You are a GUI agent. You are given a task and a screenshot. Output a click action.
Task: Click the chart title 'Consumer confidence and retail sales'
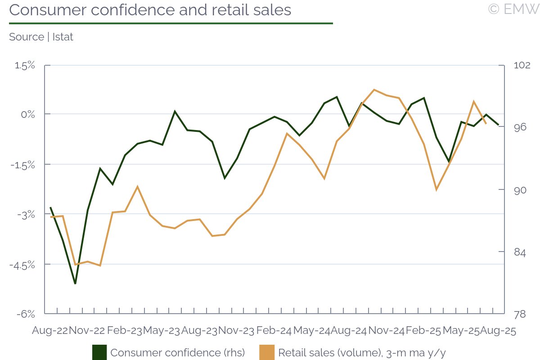tap(150, 10)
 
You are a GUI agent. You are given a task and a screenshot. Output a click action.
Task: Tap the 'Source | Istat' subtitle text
tap(41, 37)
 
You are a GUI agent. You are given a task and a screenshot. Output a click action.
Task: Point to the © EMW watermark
tap(513, 9)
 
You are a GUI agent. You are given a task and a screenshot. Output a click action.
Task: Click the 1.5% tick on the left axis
tap(25, 65)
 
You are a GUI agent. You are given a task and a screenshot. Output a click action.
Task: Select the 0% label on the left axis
tap(28, 114)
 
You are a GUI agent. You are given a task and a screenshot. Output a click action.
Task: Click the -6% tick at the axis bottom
tap(27, 314)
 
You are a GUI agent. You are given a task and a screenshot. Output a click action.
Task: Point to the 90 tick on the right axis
tap(520, 190)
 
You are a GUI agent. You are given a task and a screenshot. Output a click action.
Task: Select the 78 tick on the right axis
tap(520, 314)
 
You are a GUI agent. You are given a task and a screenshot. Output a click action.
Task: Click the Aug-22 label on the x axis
tap(49, 331)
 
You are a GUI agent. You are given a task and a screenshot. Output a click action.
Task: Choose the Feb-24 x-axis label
tap(274, 331)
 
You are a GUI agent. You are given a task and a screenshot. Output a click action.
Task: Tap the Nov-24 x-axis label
tap(386, 331)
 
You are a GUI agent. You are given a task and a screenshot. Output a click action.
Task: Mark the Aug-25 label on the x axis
tap(498, 331)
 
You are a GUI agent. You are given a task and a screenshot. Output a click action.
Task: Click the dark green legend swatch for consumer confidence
tap(99, 352)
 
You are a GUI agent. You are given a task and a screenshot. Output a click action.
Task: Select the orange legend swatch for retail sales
tap(267, 352)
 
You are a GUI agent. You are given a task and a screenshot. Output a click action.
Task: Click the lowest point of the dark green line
tap(75, 283)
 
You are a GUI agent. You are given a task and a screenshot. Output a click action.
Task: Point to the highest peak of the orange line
tap(374, 90)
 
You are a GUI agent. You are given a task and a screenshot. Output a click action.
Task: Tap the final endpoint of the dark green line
tap(499, 125)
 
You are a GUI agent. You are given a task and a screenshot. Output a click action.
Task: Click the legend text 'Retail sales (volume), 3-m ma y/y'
tap(363, 352)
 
